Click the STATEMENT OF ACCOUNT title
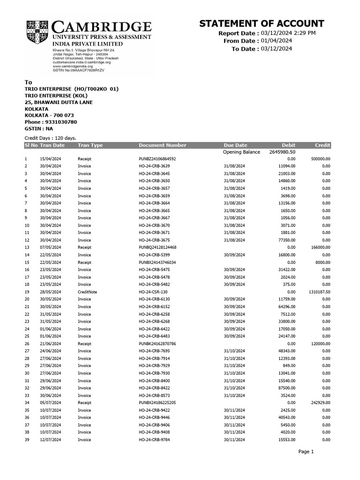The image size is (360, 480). [262, 24]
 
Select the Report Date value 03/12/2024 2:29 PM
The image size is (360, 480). [288, 33]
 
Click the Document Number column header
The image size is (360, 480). [162, 145]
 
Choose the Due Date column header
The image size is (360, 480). [235, 145]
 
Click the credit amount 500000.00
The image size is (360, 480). [321, 159]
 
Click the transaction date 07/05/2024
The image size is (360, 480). [51, 247]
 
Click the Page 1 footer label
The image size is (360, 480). [306, 451]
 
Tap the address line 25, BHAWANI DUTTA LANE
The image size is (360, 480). [59, 102]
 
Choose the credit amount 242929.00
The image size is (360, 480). [320, 403]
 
